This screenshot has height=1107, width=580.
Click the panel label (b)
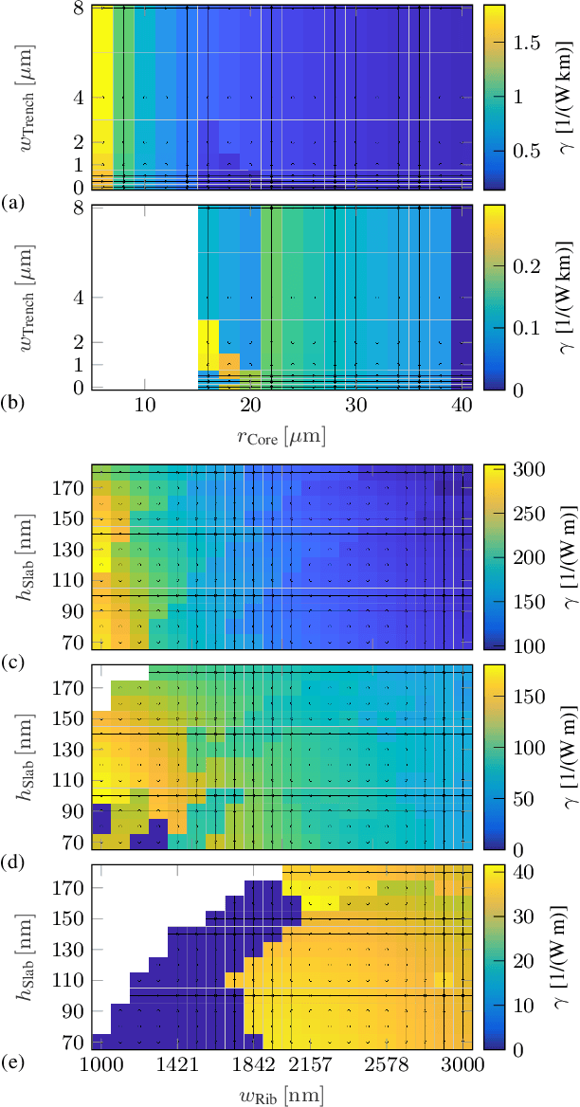(x=12, y=405)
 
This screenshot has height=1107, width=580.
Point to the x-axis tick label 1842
(x=254, y=1066)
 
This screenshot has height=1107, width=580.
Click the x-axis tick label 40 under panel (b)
(x=462, y=405)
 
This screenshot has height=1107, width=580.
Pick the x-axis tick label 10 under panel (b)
(x=144, y=405)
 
